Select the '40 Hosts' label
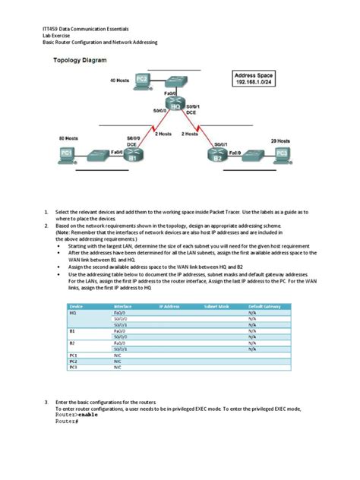pos(120,80)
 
